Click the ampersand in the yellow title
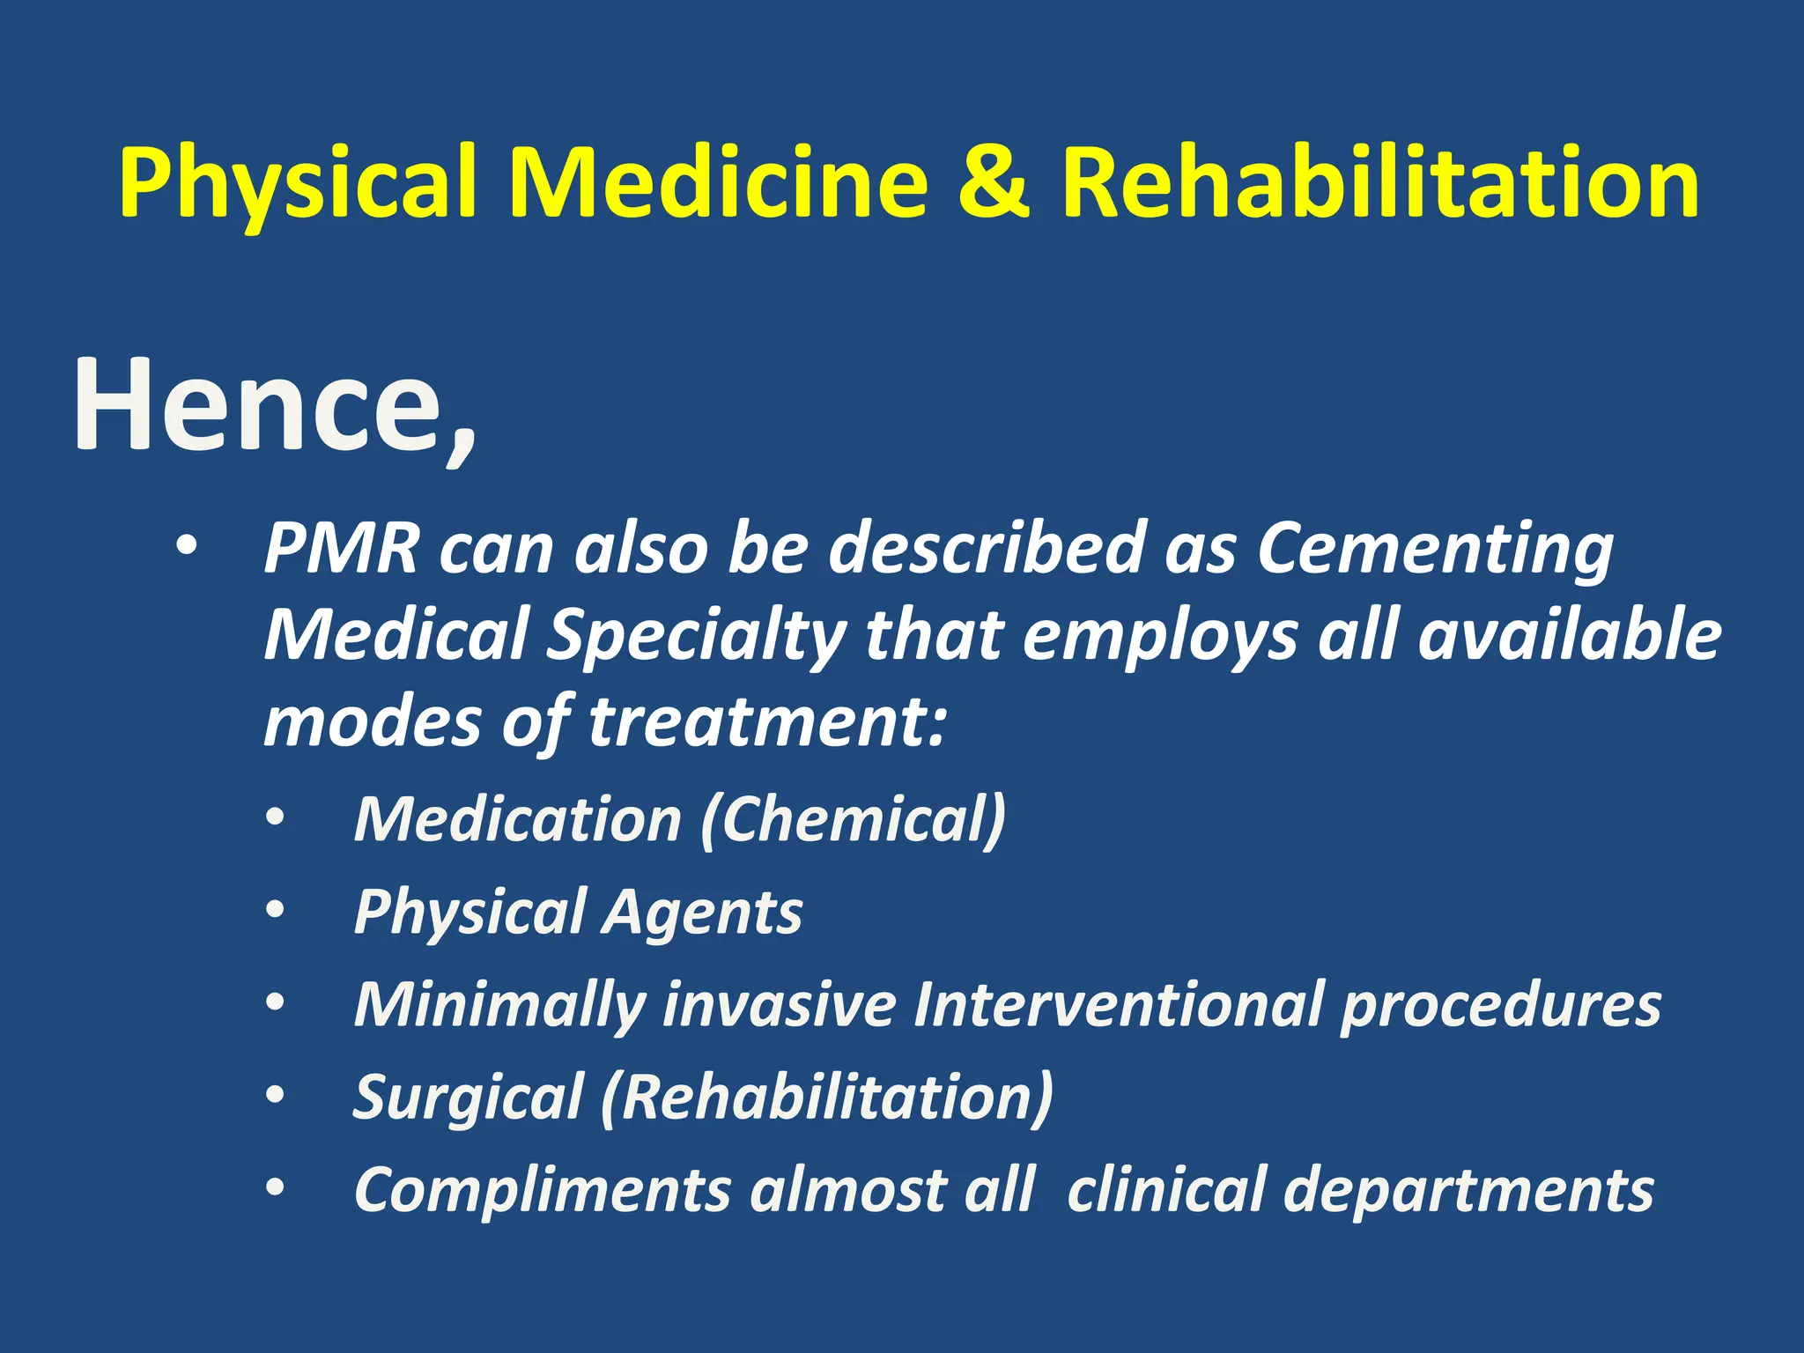(993, 183)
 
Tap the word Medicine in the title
(718, 183)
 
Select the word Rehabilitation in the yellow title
(1379, 183)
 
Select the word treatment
(766, 721)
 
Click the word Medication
(518, 820)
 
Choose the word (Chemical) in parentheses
(853, 820)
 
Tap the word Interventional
(1119, 1003)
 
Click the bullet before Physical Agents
(276, 909)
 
